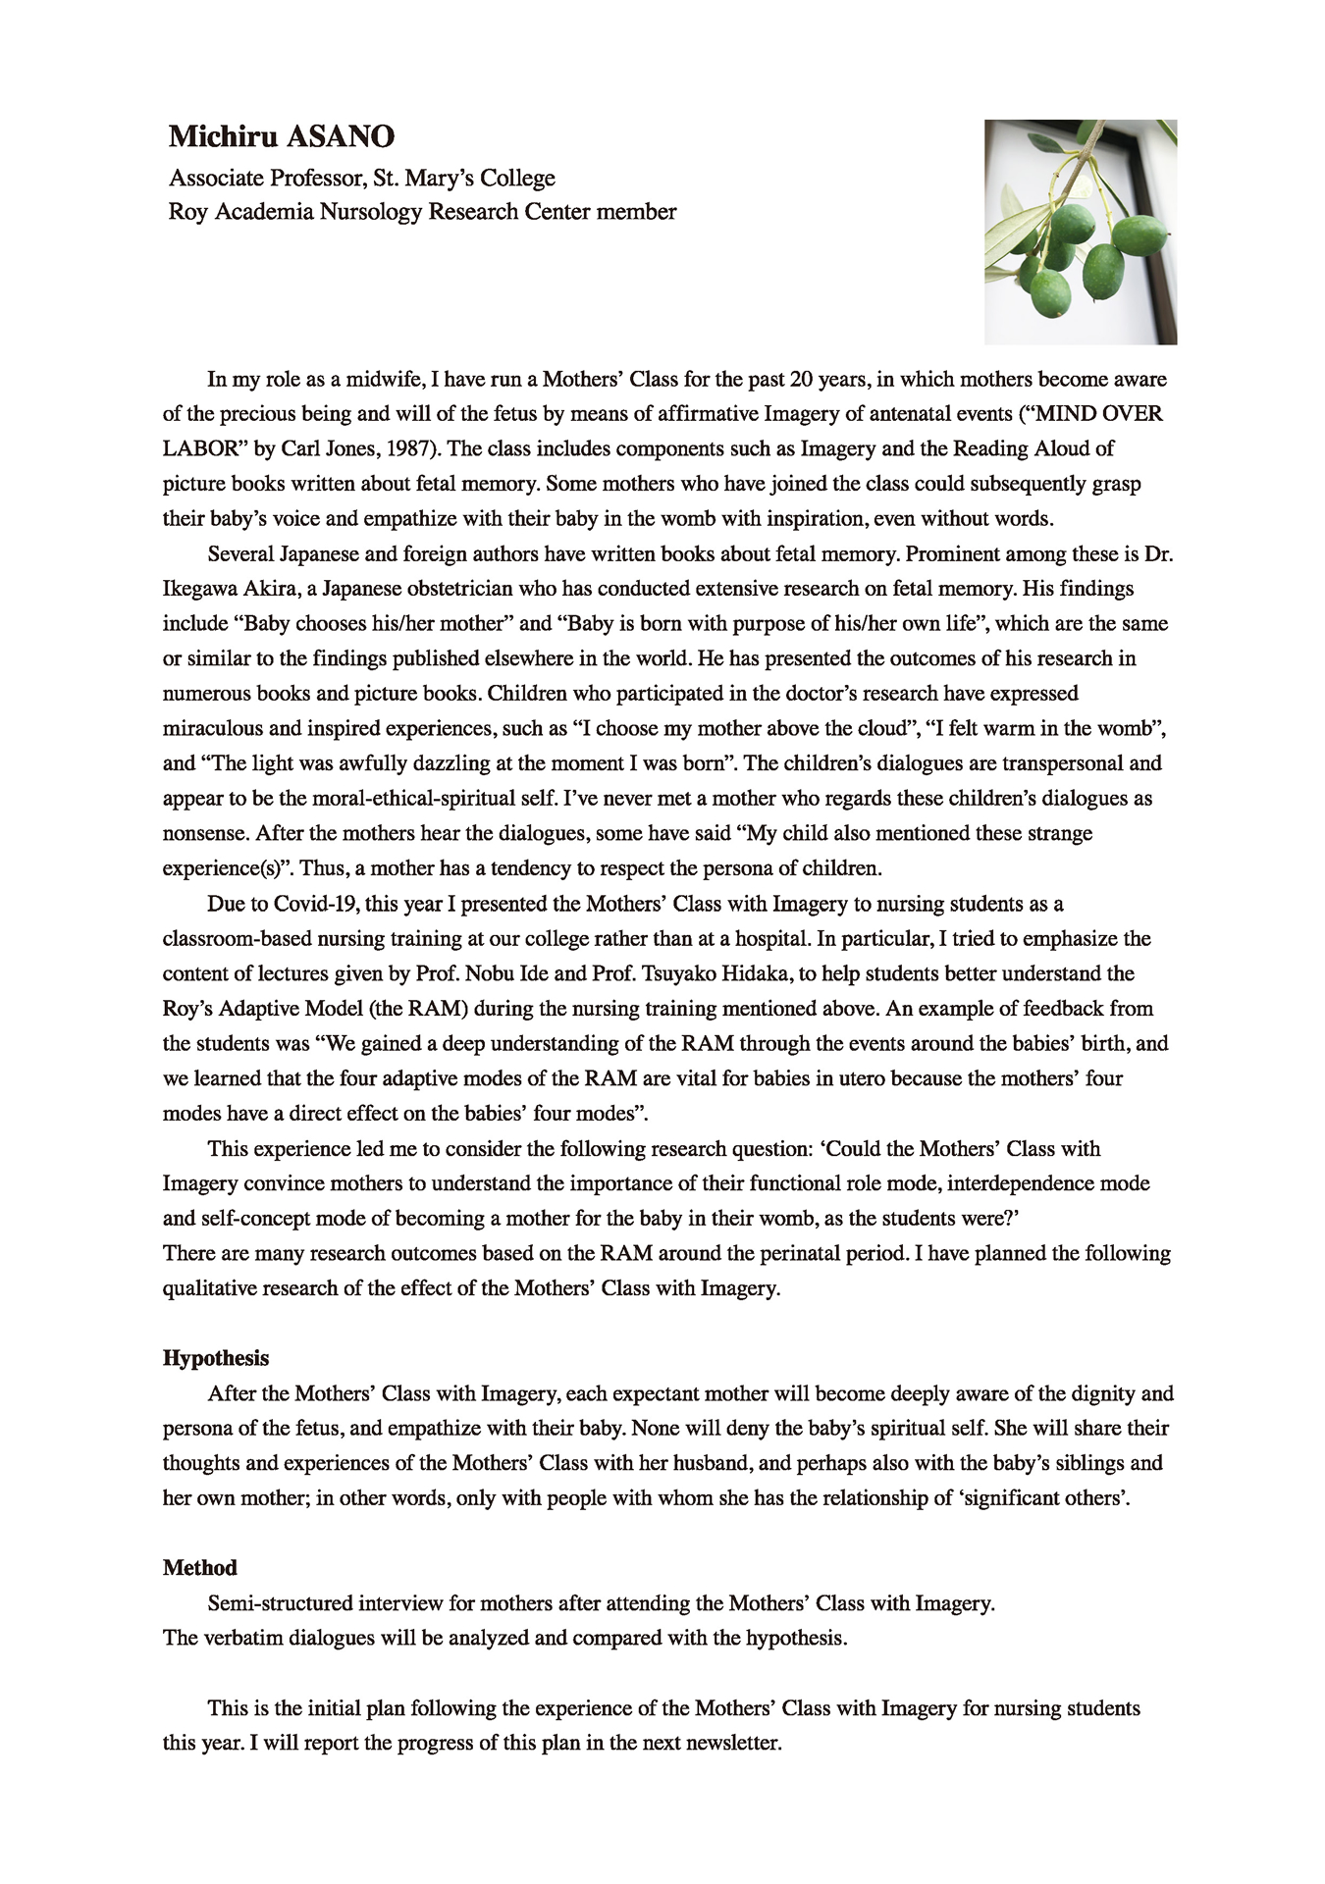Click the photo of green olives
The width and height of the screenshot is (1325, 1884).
tap(1080, 232)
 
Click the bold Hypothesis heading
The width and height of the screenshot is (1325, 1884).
tap(216, 1358)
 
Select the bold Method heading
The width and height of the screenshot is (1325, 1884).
tap(200, 1568)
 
